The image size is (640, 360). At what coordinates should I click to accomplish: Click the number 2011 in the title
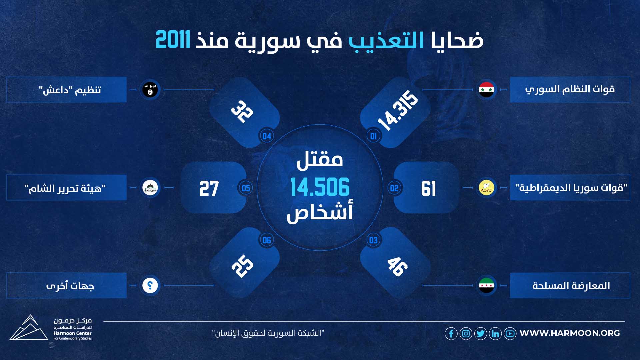173,40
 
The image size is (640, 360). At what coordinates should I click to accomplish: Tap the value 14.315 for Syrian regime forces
398,110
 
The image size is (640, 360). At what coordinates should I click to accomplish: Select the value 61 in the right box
428,189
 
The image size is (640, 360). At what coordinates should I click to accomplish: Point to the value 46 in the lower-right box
397,266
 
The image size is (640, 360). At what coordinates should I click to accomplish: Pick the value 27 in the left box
209,189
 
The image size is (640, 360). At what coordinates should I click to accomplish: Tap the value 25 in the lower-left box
243,266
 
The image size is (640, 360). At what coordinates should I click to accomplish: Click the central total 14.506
320,187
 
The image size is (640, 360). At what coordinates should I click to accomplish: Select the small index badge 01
373,136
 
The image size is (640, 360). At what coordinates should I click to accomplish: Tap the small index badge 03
373,240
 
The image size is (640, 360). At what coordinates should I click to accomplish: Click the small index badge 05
246,188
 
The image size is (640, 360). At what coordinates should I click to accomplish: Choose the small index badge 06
267,240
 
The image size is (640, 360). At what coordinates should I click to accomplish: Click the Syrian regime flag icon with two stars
486,90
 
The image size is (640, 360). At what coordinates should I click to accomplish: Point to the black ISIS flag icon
150,90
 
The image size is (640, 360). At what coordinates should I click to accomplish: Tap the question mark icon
150,285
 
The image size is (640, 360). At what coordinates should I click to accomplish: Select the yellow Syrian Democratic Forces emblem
486,187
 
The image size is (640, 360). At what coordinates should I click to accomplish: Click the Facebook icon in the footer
451,333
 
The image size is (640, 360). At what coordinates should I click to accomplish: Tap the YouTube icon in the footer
510,333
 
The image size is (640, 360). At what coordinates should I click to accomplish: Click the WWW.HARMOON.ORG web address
570,333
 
